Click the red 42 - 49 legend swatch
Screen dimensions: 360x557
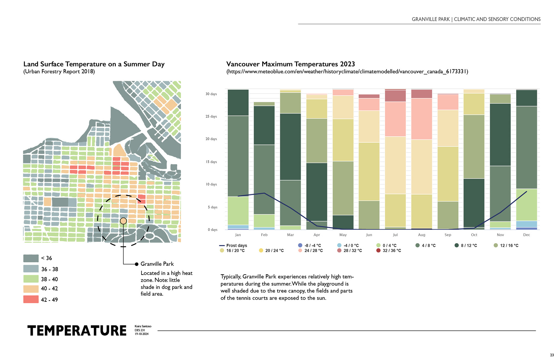(31, 299)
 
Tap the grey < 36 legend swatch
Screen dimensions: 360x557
(31, 258)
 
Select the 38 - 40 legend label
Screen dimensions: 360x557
(49, 279)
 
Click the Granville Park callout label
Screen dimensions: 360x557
(157, 264)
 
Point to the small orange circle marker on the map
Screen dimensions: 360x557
(123, 221)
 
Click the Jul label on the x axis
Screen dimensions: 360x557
(395, 235)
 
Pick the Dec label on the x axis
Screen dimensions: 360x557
(526, 235)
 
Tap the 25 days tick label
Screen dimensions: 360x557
(211, 117)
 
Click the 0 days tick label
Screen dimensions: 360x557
(212, 230)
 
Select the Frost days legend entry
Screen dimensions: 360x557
(233, 246)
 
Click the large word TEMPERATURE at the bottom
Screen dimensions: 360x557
(77, 331)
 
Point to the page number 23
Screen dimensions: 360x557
(552, 355)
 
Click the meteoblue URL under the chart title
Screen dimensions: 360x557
(347, 72)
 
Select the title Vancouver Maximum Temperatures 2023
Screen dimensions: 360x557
(290, 64)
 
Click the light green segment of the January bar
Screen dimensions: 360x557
(238, 211)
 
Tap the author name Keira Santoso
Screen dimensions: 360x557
(143, 326)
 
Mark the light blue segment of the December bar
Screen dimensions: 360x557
(526, 224)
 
